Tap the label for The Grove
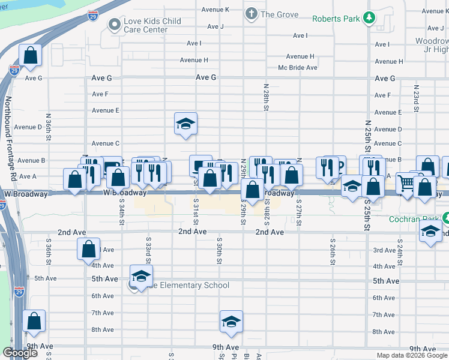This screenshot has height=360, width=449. click(x=279, y=14)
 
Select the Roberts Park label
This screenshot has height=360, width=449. click(x=336, y=18)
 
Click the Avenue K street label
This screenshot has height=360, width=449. click(x=215, y=10)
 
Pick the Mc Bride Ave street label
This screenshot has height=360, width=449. click(x=297, y=68)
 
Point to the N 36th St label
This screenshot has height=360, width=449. click(x=49, y=128)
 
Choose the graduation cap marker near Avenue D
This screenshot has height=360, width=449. click(x=185, y=124)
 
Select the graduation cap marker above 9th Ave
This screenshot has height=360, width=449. click(x=231, y=322)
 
